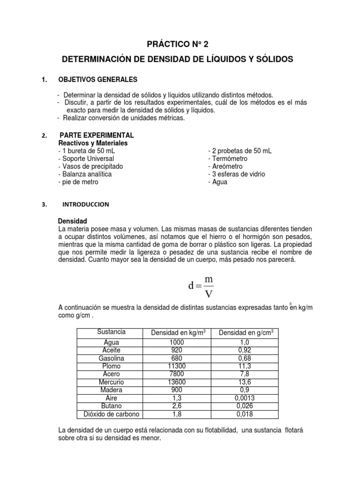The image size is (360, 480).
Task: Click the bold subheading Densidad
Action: click(72, 221)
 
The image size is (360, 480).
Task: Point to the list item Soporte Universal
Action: click(86, 158)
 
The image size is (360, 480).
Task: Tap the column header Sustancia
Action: click(111, 332)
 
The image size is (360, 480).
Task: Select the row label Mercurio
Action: click(111, 382)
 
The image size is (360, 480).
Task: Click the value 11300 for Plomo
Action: click(177, 366)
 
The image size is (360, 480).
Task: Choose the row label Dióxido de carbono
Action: click(111, 414)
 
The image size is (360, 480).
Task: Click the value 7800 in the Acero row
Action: click(177, 374)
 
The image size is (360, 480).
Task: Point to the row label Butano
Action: click(111, 406)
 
